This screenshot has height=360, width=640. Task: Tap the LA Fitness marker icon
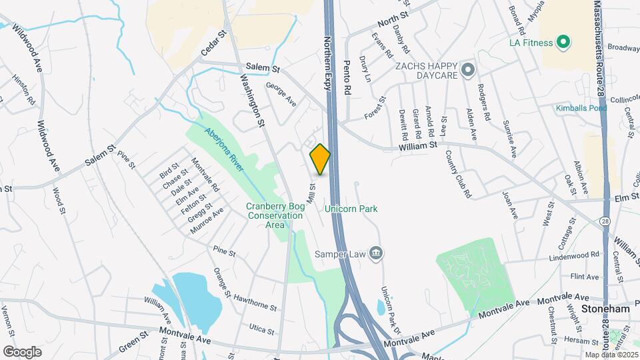coord(563,43)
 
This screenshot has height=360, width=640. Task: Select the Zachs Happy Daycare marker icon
coord(468,69)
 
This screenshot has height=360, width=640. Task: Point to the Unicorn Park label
coord(351,209)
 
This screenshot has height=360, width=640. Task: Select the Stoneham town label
coord(605,309)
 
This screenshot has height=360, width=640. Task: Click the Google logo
coord(22,351)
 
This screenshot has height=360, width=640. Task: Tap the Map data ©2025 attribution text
coord(611,355)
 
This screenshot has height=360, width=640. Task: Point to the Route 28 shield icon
coord(605,221)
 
